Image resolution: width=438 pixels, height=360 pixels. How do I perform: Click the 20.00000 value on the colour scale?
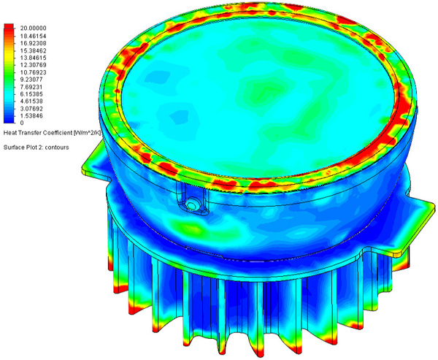click(x=33, y=28)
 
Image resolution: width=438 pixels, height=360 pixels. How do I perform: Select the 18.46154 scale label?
click(x=33, y=36)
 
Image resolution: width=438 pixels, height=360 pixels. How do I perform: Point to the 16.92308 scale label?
click(x=33, y=43)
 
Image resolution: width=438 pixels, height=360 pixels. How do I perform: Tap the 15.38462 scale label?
click(x=33, y=50)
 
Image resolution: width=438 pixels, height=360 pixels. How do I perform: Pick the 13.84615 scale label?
click(x=33, y=58)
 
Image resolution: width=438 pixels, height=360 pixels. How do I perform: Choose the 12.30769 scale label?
click(x=33, y=65)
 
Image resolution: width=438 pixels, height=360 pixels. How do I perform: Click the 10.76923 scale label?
click(x=33, y=72)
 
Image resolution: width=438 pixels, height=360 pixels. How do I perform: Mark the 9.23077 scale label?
click(x=31, y=80)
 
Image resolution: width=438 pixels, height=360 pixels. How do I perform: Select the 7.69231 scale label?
click(x=31, y=87)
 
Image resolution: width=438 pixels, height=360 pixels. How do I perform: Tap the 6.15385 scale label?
click(x=31, y=94)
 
